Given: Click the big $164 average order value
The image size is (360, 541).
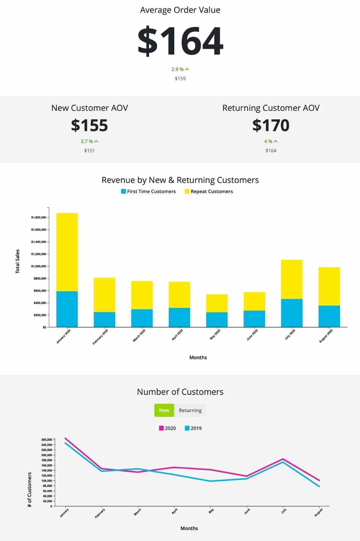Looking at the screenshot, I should (180, 41).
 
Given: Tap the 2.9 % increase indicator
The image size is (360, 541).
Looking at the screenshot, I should (180, 69).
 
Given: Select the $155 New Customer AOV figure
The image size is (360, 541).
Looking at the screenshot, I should (90, 125).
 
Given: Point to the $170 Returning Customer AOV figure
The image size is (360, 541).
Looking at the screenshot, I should (271, 125).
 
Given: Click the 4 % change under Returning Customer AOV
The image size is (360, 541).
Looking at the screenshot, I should (271, 141).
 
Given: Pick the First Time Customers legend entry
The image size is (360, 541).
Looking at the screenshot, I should (148, 192).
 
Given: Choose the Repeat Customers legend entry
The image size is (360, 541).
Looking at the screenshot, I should (209, 192).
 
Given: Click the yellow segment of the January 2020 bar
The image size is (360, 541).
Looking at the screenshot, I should (67, 252).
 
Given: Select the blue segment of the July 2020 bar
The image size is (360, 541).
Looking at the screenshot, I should (292, 313).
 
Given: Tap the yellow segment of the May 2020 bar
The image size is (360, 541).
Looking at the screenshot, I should (217, 303).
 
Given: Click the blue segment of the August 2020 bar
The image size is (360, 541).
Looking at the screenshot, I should (329, 316).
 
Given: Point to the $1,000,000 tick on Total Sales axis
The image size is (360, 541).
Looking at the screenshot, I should (39, 266).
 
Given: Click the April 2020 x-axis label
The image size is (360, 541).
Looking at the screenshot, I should (177, 334).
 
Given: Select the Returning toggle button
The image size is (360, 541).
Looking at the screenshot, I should (190, 410).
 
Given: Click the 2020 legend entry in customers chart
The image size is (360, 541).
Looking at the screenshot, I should (167, 428).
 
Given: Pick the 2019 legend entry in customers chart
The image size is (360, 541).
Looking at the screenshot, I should (193, 428).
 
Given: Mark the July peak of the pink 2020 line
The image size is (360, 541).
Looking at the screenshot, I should (283, 459).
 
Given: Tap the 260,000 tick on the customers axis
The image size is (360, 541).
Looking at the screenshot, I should (47, 440).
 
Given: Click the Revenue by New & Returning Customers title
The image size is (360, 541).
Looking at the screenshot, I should (180, 180).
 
